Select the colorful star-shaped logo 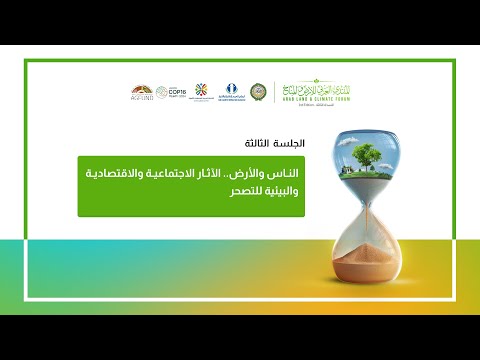199,91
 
